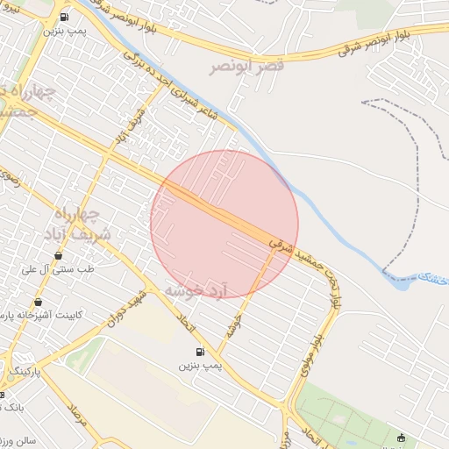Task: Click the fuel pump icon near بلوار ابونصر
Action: point(65,17)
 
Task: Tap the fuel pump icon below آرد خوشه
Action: point(200,353)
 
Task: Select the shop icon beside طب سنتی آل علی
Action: point(59,256)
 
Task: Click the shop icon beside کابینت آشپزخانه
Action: point(38,303)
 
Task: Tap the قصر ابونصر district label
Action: point(246,67)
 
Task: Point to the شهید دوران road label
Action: point(125,308)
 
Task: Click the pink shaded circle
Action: point(224,224)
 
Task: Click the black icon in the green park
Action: point(402,438)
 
